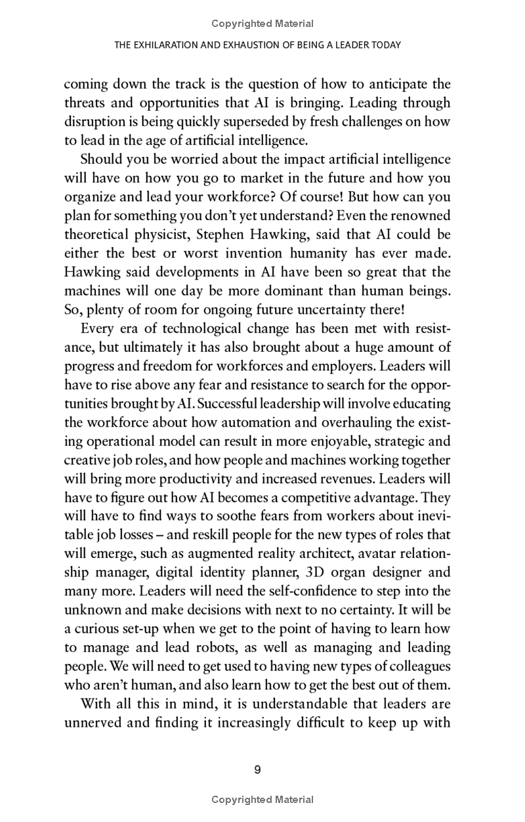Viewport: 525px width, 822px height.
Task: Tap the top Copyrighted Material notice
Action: pyautogui.click(x=262, y=24)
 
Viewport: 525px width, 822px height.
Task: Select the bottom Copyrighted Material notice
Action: pyautogui.click(x=262, y=799)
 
